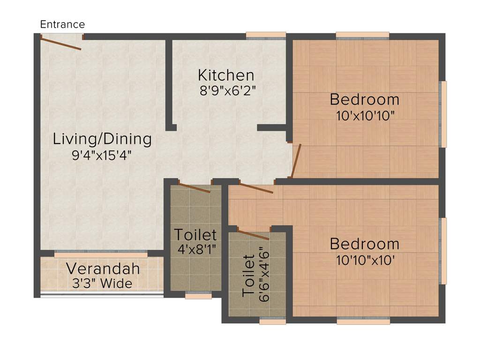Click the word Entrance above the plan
tap(62, 24)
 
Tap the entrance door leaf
tap(61, 44)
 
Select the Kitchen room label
tap(226, 75)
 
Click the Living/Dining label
tap(102, 139)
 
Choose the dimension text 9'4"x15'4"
tap(101, 155)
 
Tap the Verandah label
tap(103, 269)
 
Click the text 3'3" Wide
tap(102, 284)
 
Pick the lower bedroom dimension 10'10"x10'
tap(364, 260)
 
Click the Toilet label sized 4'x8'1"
tap(195, 234)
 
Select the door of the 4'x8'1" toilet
tap(195, 187)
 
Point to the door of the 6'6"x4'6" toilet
tap(253, 235)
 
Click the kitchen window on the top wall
tap(266, 35)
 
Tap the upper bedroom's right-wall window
tap(442, 114)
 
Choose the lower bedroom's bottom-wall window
tap(363, 321)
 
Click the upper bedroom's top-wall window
tap(362, 35)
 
